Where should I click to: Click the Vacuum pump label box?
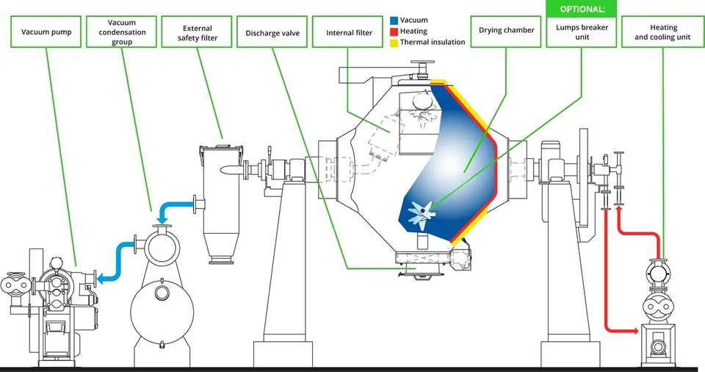pyautogui.click(x=46, y=32)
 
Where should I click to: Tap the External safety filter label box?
pyautogui.click(x=198, y=32)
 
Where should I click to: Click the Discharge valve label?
pyautogui.click(x=272, y=32)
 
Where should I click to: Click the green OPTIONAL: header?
pyautogui.click(x=582, y=9)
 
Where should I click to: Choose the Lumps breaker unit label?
pyautogui.click(x=582, y=32)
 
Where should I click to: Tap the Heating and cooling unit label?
pyautogui.click(x=662, y=32)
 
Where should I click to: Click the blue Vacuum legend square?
pyautogui.click(x=394, y=21)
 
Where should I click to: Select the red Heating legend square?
pyautogui.click(x=394, y=32)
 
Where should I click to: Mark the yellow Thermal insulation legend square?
pyautogui.click(x=394, y=42)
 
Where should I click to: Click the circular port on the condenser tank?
pyautogui.click(x=161, y=293)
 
